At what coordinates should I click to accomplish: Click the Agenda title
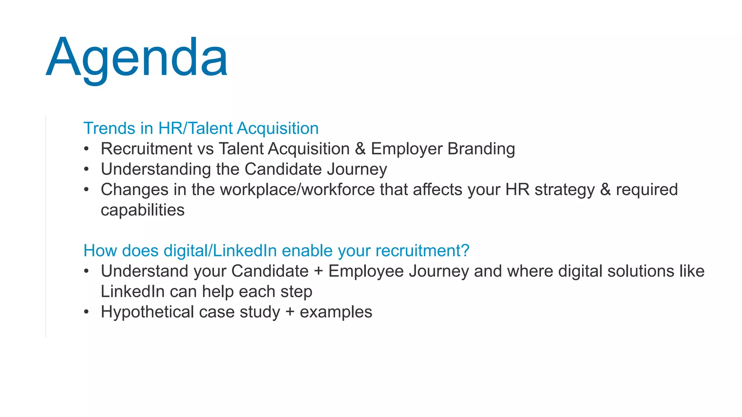point(137,58)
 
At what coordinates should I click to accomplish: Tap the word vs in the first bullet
point(205,149)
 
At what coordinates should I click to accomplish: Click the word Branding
point(481,149)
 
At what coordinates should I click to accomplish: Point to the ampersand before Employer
point(360,149)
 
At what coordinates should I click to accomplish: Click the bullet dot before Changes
point(86,189)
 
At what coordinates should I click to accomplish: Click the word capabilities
point(143,210)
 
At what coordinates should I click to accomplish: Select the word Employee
point(366,271)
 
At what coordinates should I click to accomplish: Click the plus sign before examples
point(290,312)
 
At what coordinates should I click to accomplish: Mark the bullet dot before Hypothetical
point(86,312)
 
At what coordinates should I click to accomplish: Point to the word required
point(647,190)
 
